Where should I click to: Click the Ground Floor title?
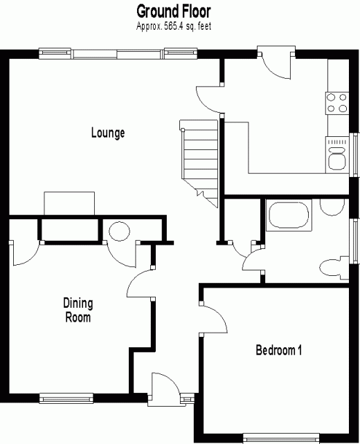174,12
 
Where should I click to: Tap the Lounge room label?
108,133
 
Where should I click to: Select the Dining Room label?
78,310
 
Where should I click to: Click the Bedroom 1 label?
278,350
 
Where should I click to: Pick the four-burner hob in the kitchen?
336,103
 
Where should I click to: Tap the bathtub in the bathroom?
289,215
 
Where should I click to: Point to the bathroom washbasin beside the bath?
332,207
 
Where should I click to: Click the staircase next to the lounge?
199,163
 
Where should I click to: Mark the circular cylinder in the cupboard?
119,231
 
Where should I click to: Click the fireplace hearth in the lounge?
69,203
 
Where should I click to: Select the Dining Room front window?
66,398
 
